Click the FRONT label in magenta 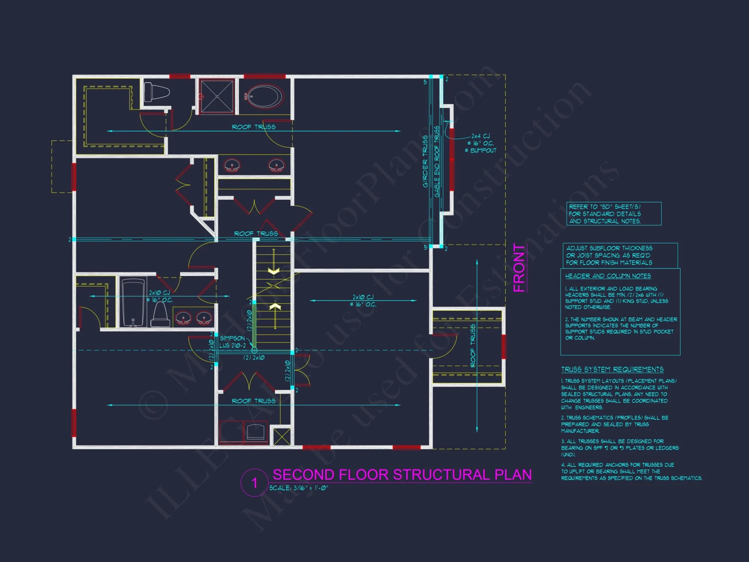click(x=519, y=268)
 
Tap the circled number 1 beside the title click(x=255, y=483)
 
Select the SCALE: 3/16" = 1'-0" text click(x=298, y=488)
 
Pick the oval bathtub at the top click(x=264, y=97)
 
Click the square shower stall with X click(x=217, y=96)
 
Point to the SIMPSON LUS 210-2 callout click(x=233, y=342)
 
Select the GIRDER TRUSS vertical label click(x=425, y=161)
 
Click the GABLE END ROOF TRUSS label click(x=437, y=161)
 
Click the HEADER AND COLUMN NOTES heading click(x=608, y=276)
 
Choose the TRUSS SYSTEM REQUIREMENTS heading click(x=612, y=370)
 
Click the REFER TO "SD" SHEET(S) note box click(x=614, y=214)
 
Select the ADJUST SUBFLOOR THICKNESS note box click(x=620, y=256)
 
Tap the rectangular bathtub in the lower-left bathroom click(x=133, y=303)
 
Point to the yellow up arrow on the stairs click(x=275, y=311)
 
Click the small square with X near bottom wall click(x=282, y=436)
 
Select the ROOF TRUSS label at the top click(x=254, y=127)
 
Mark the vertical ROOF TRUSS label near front click(x=473, y=345)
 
